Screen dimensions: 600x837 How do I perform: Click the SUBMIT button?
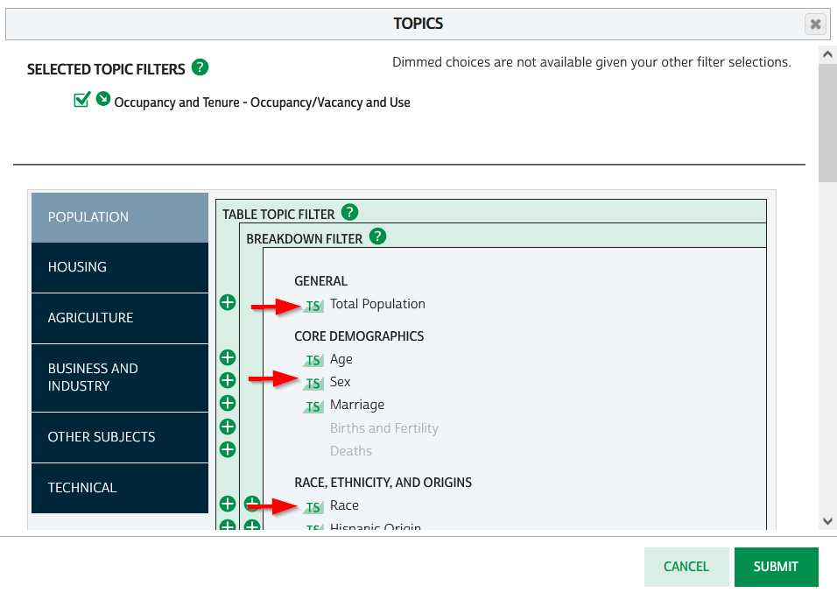(x=776, y=567)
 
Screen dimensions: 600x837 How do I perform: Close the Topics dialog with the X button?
(x=815, y=25)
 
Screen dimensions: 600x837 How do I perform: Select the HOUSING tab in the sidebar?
(x=120, y=267)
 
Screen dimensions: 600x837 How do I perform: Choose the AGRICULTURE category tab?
(x=120, y=318)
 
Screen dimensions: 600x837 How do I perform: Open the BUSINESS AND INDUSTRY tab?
(x=120, y=378)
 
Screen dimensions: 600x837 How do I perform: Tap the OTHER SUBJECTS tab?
(x=120, y=437)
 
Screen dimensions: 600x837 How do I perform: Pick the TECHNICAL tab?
(x=120, y=488)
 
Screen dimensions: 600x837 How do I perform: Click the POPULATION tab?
(x=120, y=217)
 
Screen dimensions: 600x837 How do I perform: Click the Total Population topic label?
(x=377, y=304)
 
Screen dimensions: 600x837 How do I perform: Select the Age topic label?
(x=341, y=359)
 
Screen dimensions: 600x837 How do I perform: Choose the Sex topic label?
(x=340, y=382)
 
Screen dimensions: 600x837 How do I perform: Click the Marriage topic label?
(x=357, y=405)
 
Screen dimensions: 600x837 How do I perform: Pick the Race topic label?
(x=344, y=505)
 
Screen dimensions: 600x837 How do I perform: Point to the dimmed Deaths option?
(x=351, y=451)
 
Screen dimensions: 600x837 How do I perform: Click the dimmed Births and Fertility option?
(x=383, y=428)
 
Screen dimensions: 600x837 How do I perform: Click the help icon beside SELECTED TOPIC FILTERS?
(x=200, y=67)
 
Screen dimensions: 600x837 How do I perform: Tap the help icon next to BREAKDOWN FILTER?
(x=377, y=236)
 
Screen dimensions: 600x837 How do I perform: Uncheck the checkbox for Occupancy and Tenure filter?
(x=82, y=100)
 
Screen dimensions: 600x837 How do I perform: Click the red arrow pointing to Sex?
(x=275, y=379)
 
